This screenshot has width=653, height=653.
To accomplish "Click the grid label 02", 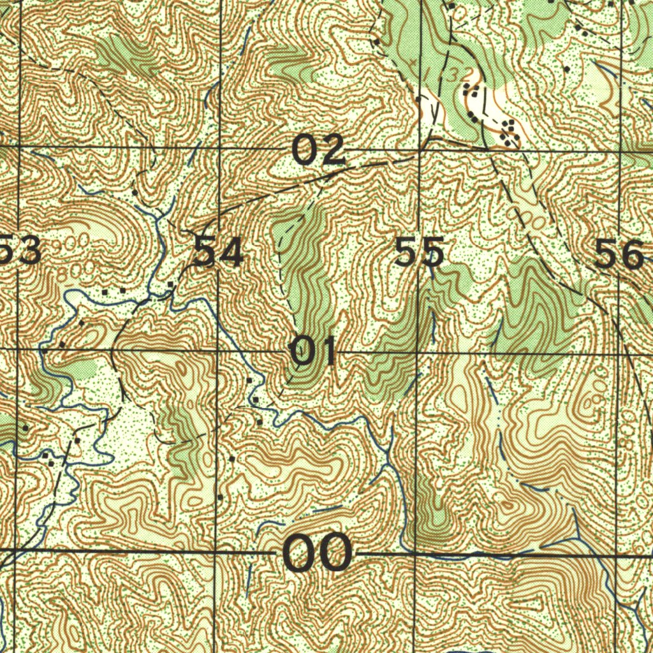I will (x=318, y=151).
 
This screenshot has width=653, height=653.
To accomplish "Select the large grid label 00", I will (x=317, y=553).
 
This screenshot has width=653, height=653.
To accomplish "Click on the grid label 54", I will (x=218, y=253).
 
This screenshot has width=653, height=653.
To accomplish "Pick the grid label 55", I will (x=419, y=252).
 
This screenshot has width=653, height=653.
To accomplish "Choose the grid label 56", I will (x=619, y=254).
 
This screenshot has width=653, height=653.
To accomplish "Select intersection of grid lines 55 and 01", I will (x=417, y=352).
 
